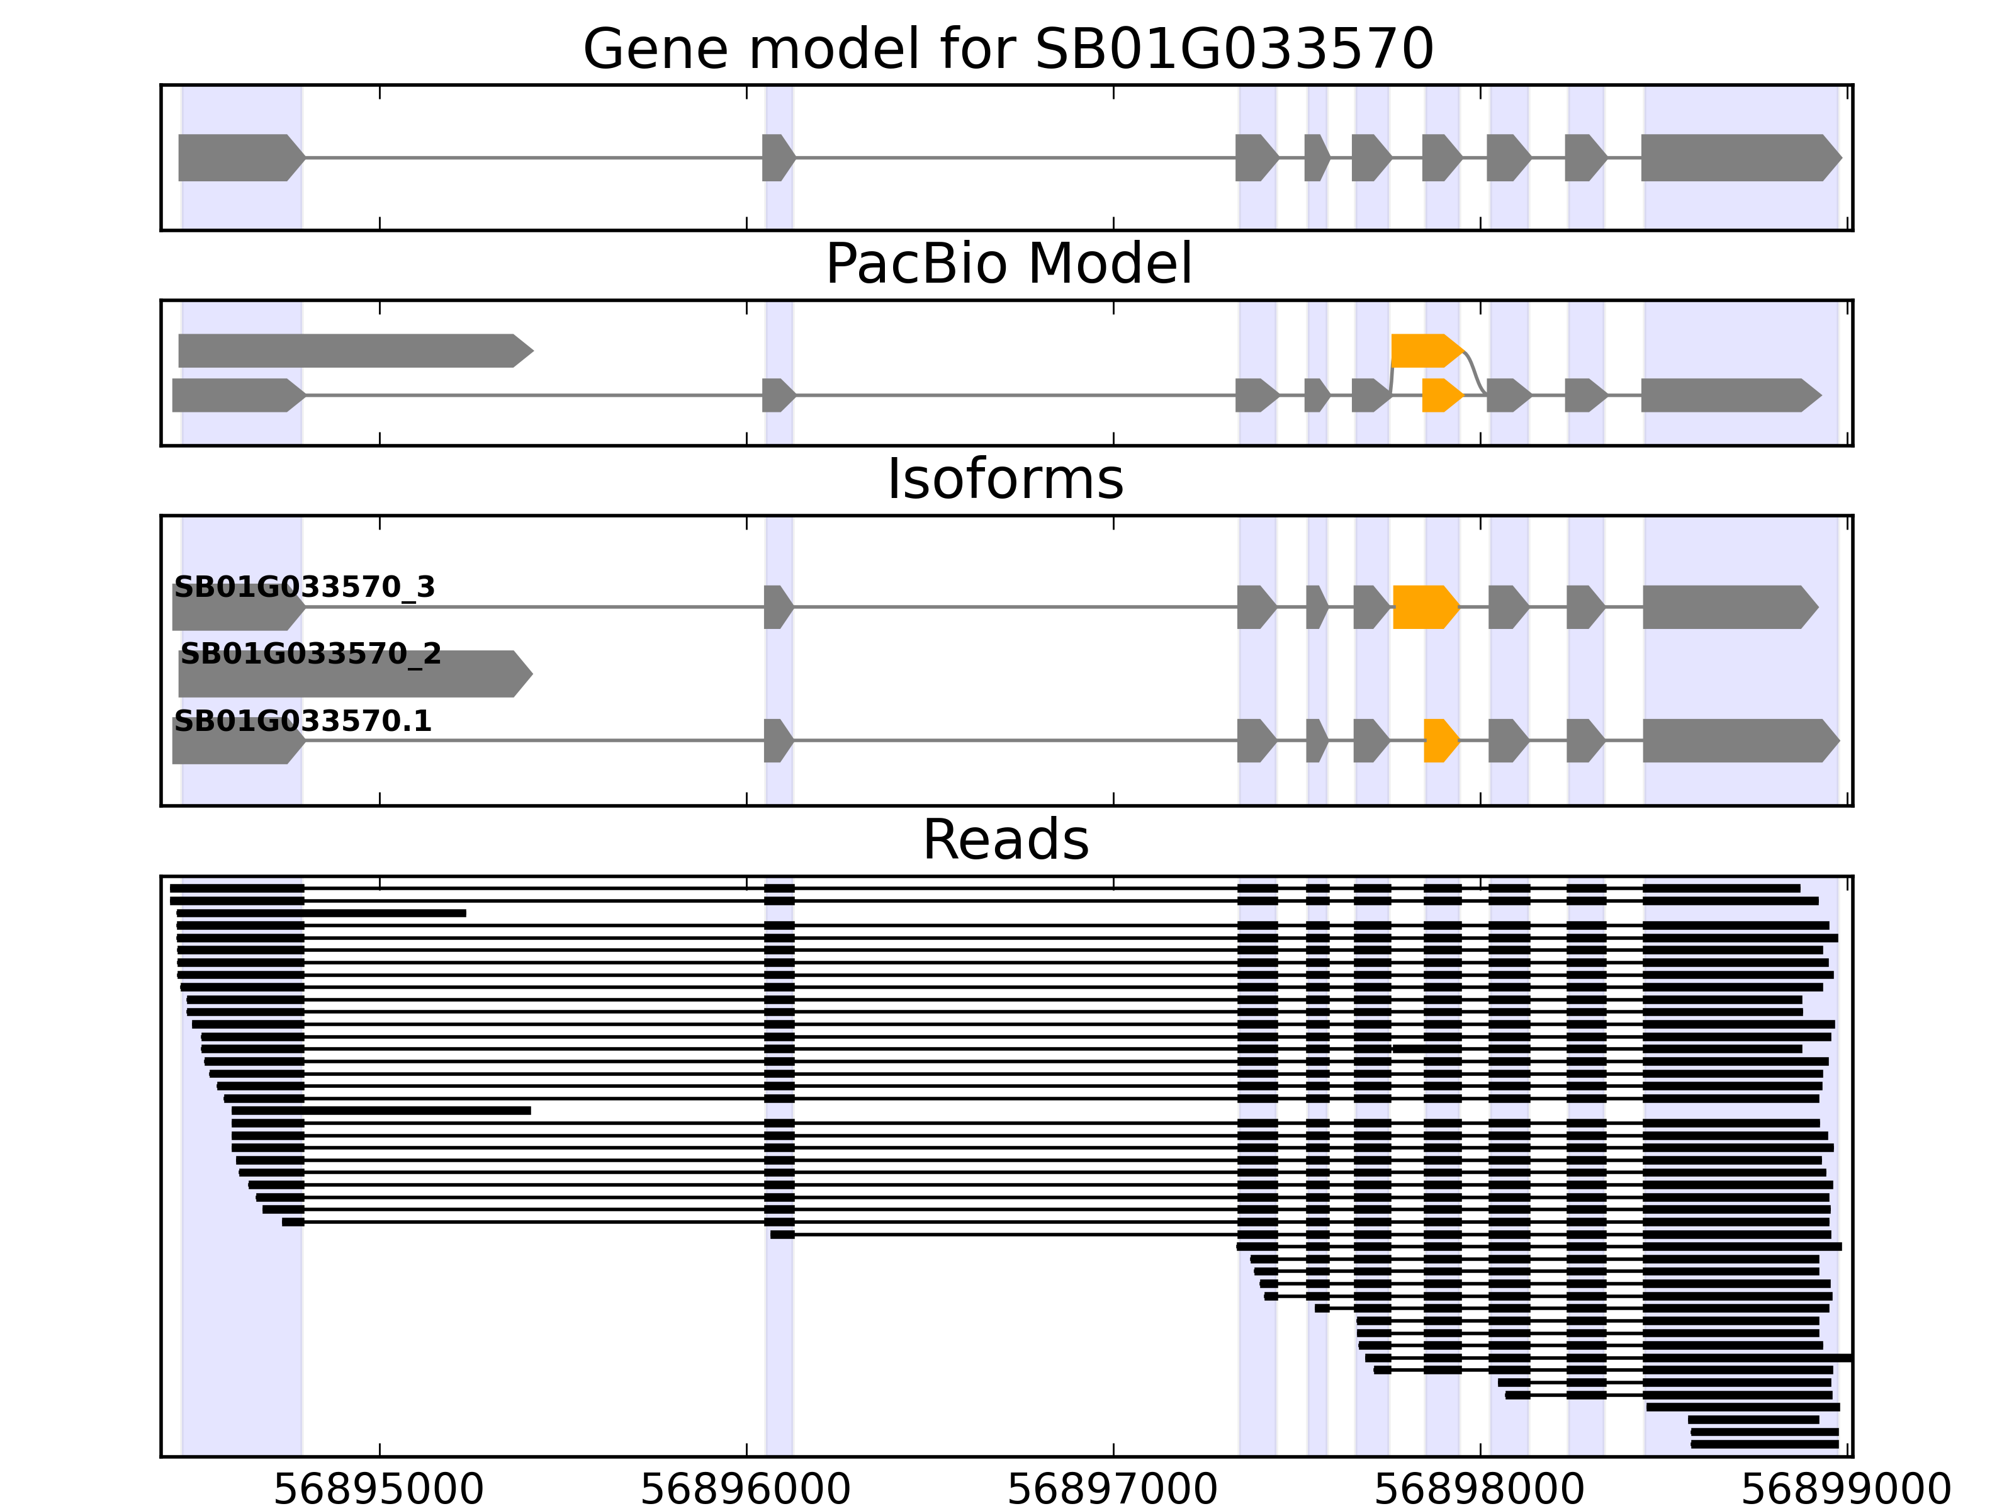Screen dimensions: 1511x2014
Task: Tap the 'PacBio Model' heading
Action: coord(1008,264)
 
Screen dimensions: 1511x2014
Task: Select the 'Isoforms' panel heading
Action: coord(1005,479)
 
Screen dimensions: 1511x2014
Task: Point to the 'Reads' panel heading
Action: coord(1005,840)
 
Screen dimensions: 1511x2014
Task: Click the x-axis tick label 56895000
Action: coord(379,1491)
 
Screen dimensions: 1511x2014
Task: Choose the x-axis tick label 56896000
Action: coord(746,1491)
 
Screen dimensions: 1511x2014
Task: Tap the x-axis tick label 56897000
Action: coord(1113,1491)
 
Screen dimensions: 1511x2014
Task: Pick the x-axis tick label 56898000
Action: coord(1480,1491)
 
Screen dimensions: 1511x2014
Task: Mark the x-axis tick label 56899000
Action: coord(1847,1491)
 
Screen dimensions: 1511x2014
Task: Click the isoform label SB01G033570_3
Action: coord(304,587)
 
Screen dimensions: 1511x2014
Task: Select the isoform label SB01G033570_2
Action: coord(310,654)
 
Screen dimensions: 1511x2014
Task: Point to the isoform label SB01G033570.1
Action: coord(302,722)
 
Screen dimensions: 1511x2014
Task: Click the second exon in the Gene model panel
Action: coord(777,157)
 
